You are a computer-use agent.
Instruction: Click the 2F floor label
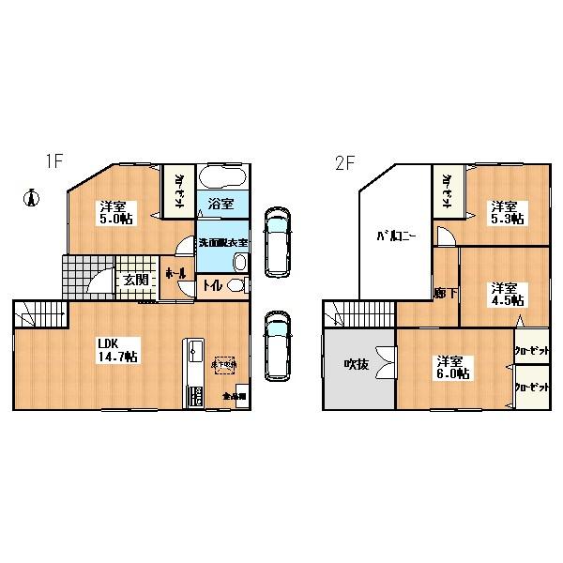(342, 161)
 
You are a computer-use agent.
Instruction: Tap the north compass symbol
(31, 198)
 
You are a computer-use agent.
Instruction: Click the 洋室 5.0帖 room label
(114, 214)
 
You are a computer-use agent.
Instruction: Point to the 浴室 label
(221, 203)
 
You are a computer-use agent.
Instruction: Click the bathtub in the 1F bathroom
(223, 178)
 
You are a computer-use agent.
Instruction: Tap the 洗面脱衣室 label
(222, 243)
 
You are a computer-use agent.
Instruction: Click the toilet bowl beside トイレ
(238, 287)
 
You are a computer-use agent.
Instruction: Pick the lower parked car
(277, 345)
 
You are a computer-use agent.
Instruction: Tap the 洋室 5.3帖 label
(505, 212)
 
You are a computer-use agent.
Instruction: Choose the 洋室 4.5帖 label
(505, 294)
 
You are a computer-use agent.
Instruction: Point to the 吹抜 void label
(356, 364)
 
